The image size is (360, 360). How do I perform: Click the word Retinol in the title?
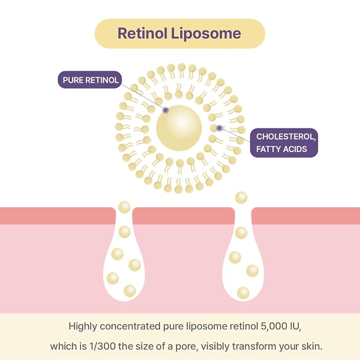pyautogui.click(x=142, y=33)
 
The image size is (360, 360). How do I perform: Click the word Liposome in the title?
pyautogui.click(x=206, y=33)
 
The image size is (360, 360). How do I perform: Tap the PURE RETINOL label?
pyautogui.click(x=90, y=80)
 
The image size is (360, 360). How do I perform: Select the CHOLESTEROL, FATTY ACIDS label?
pyautogui.click(x=284, y=143)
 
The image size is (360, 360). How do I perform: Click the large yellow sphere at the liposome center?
pyautogui.click(x=179, y=128)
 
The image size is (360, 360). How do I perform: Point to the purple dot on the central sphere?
pyautogui.click(x=165, y=110)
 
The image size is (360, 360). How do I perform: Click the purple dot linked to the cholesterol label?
pyautogui.click(x=219, y=128)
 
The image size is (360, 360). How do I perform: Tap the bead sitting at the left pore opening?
pyautogui.click(x=125, y=207)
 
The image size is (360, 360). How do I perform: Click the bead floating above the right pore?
pyautogui.click(x=241, y=198)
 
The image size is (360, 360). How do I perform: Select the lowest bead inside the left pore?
pyautogui.click(x=130, y=291)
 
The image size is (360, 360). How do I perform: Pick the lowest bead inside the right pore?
pyautogui.click(x=243, y=293)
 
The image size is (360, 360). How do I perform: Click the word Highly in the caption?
pyautogui.click(x=83, y=327)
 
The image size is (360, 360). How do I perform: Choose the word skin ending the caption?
pyautogui.click(x=312, y=346)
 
